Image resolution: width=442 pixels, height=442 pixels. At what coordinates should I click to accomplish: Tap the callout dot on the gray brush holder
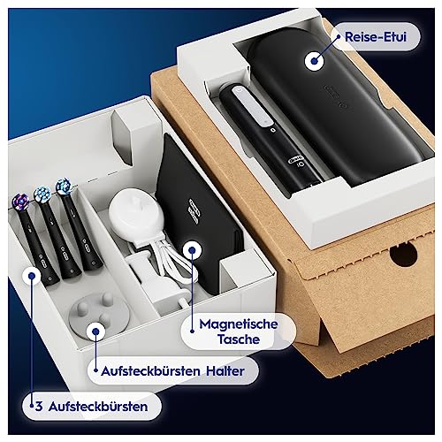[95, 331]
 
